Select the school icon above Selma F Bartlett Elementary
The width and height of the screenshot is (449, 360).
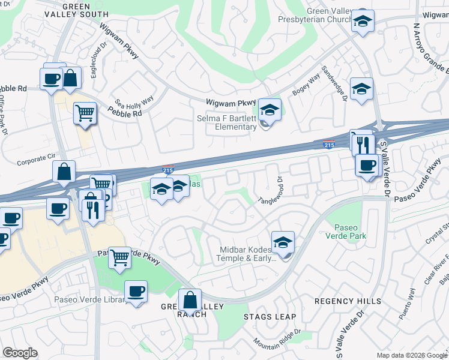point(270,110)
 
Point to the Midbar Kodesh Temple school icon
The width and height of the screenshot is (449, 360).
point(283,243)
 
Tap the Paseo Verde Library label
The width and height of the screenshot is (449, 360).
point(90,299)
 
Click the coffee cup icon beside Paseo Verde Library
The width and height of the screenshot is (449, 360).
point(136,292)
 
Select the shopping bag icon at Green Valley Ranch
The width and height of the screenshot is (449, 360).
point(190,301)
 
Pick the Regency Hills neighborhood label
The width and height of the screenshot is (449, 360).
point(347,301)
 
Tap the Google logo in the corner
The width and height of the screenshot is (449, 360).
point(20,353)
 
